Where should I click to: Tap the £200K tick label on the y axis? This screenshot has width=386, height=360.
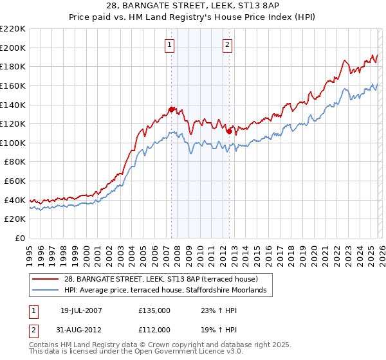(x=13, y=48)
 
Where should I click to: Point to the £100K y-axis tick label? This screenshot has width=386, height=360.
(x=13, y=143)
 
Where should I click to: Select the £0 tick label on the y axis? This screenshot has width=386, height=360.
(x=19, y=238)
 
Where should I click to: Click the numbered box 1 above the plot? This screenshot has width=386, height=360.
(x=169, y=44)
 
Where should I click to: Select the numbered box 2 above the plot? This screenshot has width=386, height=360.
(x=228, y=44)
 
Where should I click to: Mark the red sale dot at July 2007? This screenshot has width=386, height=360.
(x=172, y=109)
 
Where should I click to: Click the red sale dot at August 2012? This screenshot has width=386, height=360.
(x=229, y=131)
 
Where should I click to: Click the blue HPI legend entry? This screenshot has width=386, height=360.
(x=167, y=291)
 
